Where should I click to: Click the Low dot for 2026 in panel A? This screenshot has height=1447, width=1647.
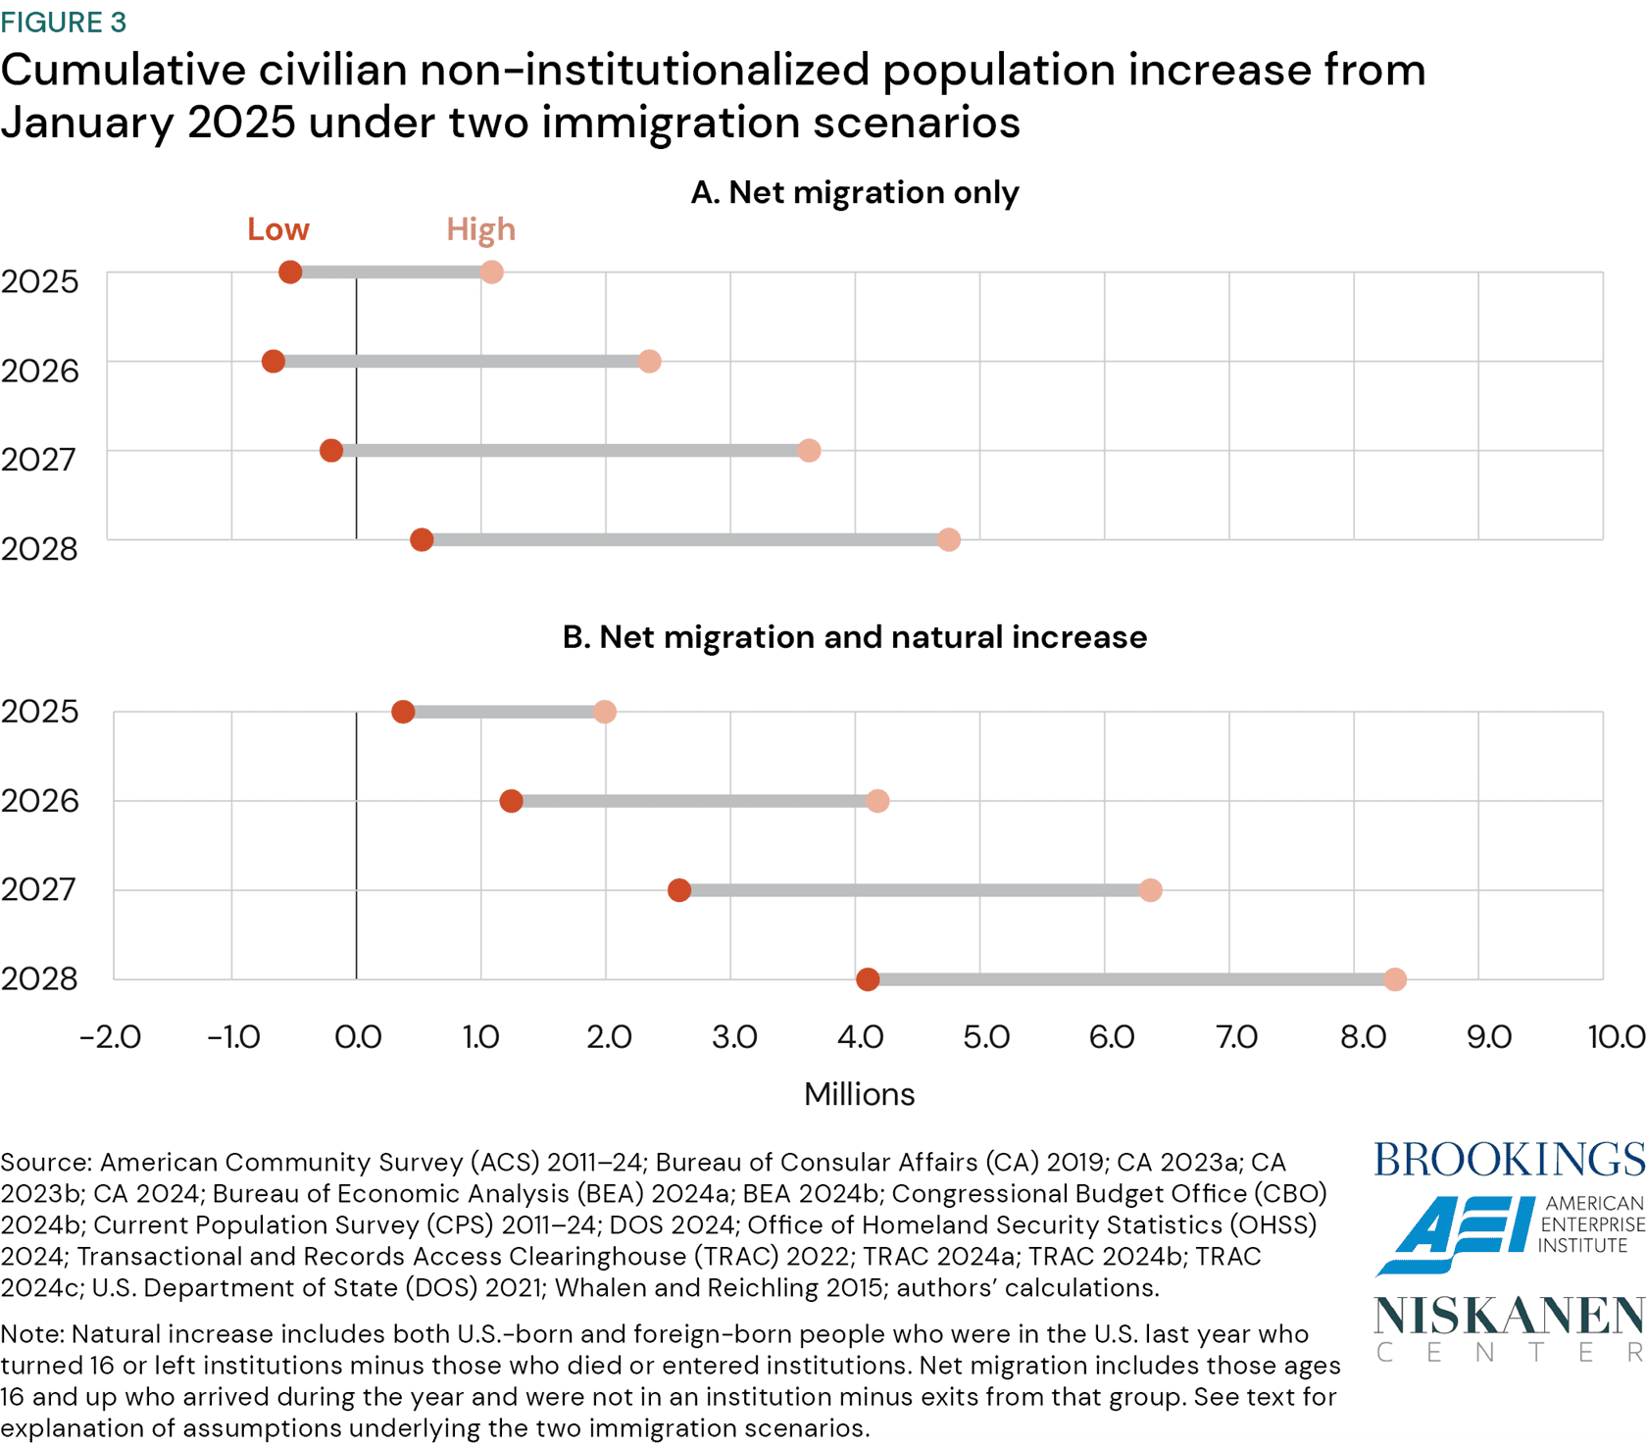coord(274,362)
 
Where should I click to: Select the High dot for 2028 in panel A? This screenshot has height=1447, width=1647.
coord(948,540)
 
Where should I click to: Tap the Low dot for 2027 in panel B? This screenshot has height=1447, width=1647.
coord(679,890)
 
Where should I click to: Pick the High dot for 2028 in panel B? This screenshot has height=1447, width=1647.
coord(1395,979)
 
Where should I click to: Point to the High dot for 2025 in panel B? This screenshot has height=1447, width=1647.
coord(605,712)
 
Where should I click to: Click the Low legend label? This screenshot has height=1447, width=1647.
coord(277,229)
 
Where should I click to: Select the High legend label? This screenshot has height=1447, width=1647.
coord(480,229)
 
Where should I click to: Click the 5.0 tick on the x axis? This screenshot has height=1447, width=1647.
coord(985,1037)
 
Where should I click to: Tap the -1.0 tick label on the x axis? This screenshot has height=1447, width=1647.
coord(233,1037)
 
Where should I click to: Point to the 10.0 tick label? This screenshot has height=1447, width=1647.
coord(1616,1037)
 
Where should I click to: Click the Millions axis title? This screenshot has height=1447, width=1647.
coord(859,1094)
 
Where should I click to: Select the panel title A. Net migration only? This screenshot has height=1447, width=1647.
coord(854,192)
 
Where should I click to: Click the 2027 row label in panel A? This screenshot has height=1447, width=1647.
coord(39,459)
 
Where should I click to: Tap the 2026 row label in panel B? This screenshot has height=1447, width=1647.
coord(39,801)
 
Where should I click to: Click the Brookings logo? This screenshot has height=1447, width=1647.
coord(1509,1160)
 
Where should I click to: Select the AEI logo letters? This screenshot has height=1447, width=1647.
coord(1456,1232)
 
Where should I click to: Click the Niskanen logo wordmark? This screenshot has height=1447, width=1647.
coord(1509,1317)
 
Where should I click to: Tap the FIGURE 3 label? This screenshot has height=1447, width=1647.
coord(64,22)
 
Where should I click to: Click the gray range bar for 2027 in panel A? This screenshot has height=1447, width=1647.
coord(569,451)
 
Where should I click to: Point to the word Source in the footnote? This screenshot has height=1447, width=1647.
coord(44,1163)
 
